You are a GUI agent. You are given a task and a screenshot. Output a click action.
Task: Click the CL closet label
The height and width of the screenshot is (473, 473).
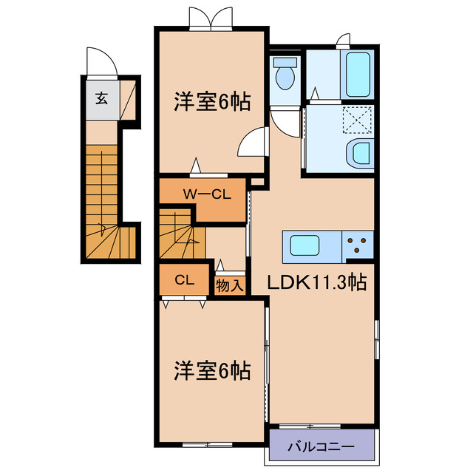click(x=184, y=280)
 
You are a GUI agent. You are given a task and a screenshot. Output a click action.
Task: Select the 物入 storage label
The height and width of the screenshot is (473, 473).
click(x=229, y=284)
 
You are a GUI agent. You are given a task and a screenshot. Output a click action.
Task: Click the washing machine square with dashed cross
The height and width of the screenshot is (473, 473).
click(x=358, y=118)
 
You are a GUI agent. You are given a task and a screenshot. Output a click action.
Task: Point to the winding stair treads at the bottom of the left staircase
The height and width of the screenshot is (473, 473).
click(x=111, y=240)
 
